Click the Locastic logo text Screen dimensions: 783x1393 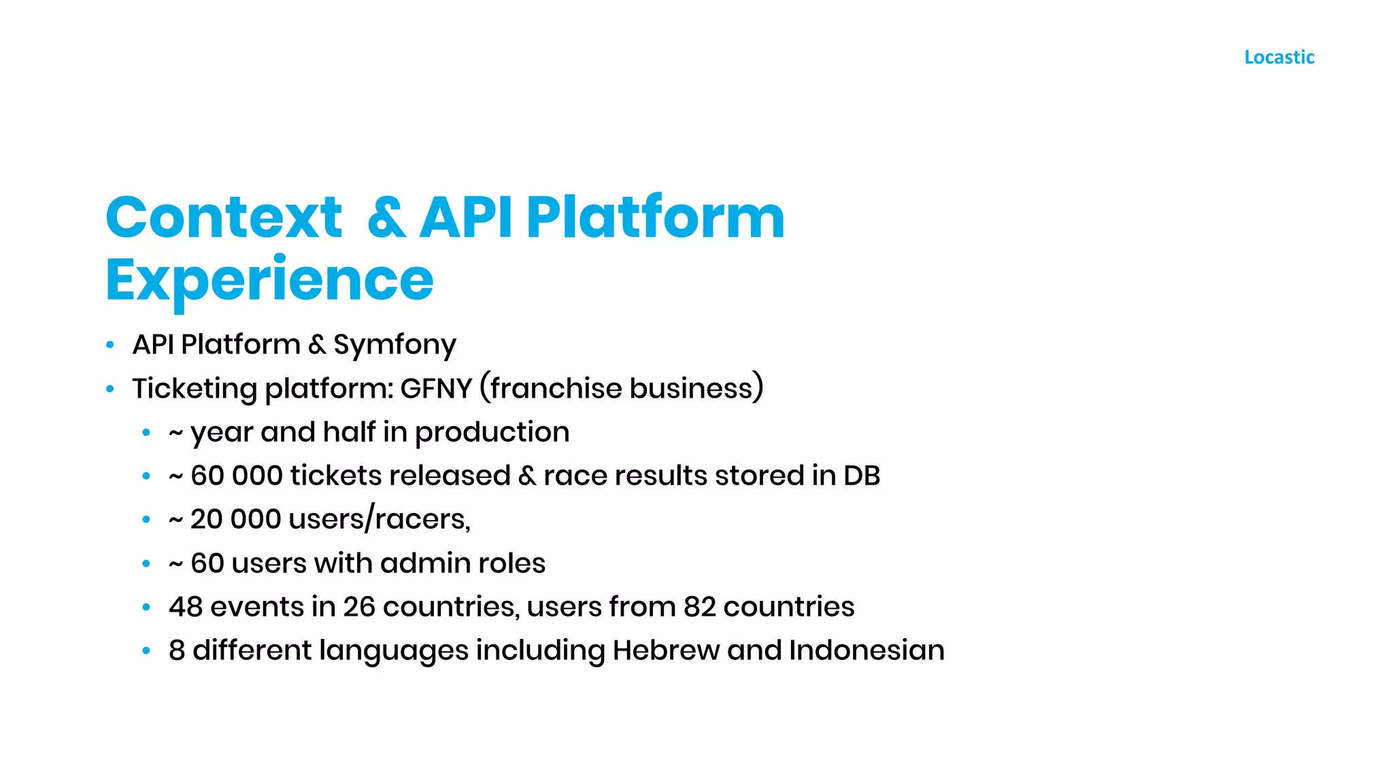point(1279,57)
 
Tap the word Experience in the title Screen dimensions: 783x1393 point(269,280)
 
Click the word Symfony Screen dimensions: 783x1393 point(395,345)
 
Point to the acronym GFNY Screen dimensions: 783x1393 point(436,389)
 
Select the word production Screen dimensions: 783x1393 point(492,433)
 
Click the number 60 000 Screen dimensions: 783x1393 point(236,476)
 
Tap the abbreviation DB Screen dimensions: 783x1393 point(862,476)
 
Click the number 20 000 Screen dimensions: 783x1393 point(235,519)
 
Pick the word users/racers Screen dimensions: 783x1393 point(379,520)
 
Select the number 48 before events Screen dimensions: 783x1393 point(186,607)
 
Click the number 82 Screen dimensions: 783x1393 point(700,607)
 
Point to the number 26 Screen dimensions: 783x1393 point(358,607)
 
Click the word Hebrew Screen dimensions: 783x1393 point(666,650)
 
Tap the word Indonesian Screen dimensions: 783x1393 point(867,650)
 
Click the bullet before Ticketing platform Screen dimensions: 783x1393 point(110,389)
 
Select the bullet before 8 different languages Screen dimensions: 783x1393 point(146,650)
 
